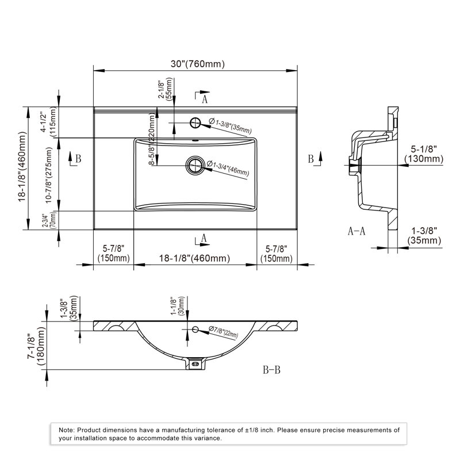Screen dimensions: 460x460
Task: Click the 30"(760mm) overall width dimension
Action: point(198,64)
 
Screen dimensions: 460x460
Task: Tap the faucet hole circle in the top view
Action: point(195,122)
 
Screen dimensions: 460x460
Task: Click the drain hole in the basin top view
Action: point(195,165)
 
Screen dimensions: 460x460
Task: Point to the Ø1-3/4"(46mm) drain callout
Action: point(228,168)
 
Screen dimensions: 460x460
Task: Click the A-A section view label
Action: point(356,231)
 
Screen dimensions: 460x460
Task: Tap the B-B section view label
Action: point(271,370)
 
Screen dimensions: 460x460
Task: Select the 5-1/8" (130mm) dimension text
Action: point(424,154)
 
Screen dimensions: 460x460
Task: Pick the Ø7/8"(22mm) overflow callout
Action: point(223,332)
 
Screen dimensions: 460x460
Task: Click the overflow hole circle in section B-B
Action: point(195,329)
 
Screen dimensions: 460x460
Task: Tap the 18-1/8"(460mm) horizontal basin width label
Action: point(194,258)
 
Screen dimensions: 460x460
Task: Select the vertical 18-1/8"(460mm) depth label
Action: point(22,166)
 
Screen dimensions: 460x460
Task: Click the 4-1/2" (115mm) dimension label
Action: point(48,122)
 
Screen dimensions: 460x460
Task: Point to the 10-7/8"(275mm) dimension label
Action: point(49,175)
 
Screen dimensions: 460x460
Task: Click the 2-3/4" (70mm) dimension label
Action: point(49,220)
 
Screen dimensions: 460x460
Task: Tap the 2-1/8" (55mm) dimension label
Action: point(165,89)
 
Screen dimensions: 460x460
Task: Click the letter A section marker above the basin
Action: point(205,99)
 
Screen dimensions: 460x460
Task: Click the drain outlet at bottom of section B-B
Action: point(195,364)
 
